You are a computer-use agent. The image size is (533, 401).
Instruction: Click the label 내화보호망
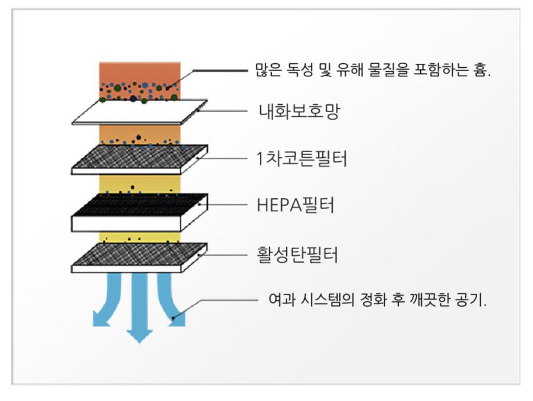click(298, 110)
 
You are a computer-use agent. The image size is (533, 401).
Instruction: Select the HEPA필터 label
click(295, 205)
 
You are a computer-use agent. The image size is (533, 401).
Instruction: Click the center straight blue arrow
click(138, 308)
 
